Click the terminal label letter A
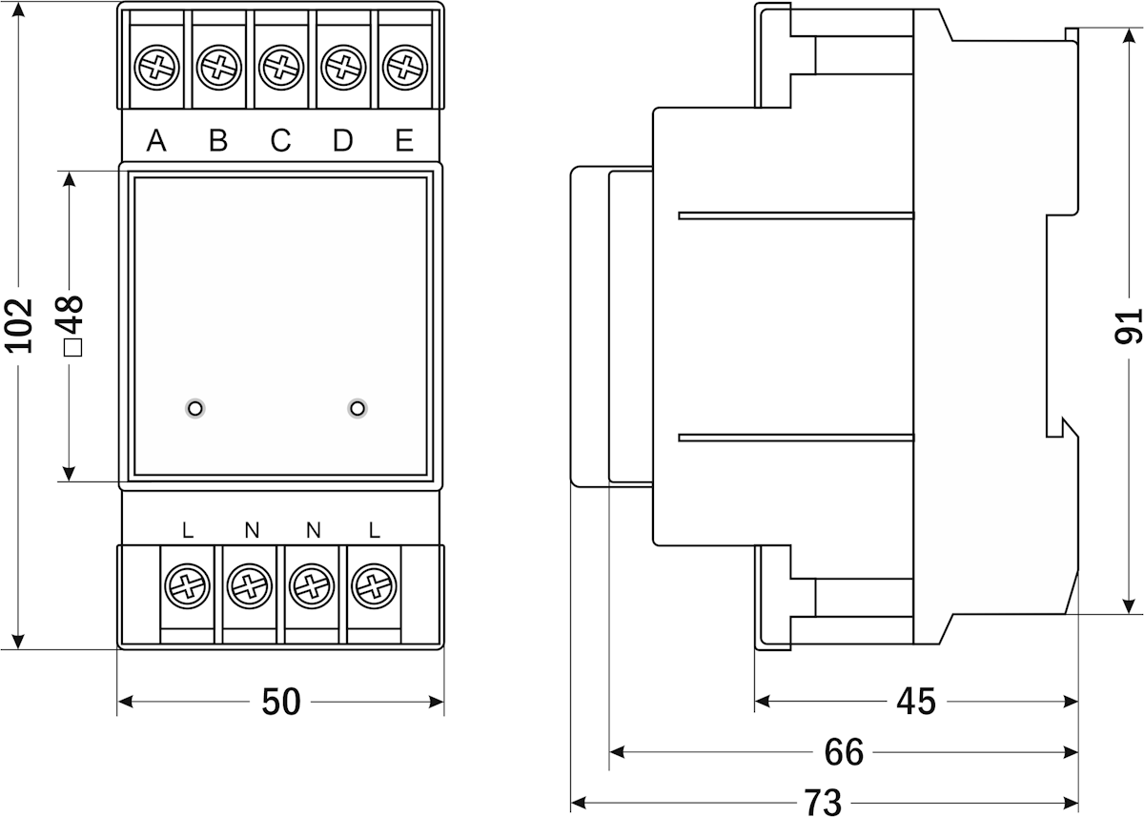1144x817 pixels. (157, 141)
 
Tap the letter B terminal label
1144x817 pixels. (218, 141)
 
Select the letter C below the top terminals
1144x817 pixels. (280, 141)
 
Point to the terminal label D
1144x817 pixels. (342, 141)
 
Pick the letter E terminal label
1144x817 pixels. (404, 141)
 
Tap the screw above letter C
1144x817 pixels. (279, 69)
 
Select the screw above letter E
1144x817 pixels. (403, 69)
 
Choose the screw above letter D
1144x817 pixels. (341, 69)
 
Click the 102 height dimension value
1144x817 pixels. (20, 325)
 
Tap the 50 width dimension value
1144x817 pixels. (281, 703)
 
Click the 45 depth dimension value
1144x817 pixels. (916, 703)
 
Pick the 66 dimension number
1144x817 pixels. (844, 752)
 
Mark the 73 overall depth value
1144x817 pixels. (822, 802)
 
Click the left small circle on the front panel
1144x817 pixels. (195, 408)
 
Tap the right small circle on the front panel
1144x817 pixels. (357, 408)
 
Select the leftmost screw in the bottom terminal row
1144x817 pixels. (187, 585)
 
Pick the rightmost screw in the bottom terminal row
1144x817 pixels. (373, 585)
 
